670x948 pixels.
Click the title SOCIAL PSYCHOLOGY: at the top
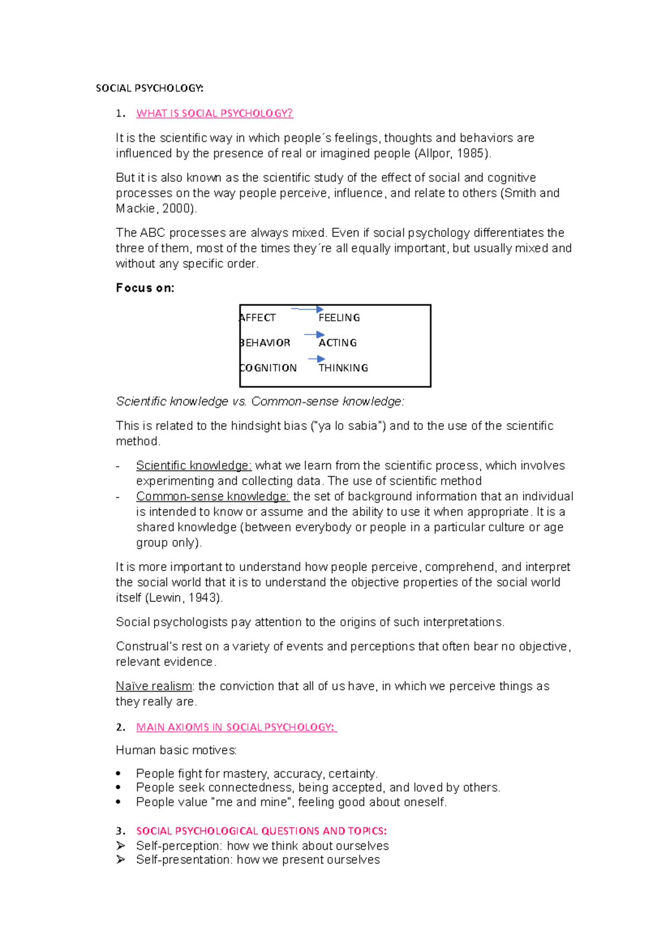click(x=150, y=88)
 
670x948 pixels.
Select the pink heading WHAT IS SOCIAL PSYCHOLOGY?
click(x=214, y=113)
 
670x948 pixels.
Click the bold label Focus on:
click(x=145, y=288)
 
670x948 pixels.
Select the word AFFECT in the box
click(x=257, y=318)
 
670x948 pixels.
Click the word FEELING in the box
click(x=339, y=318)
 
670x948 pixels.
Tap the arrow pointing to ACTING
click(x=314, y=334)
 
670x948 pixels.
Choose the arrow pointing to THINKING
click(x=317, y=359)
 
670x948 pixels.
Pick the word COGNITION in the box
click(x=268, y=368)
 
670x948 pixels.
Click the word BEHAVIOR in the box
click(x=265, y=343)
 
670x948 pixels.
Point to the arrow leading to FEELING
click(x=307, y=309)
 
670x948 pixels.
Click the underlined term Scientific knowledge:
click(x=194, y=466)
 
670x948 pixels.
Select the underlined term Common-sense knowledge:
click(x=213, y=496)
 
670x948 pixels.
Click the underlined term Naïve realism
click(x=154, y=686)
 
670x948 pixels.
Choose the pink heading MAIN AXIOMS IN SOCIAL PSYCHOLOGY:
click(x=236, y=727)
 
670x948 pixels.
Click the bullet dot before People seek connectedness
click(x=118, y=788)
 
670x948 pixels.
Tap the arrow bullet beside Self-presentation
click(x=121, y=860)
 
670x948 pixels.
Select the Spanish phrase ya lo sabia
click(x=347, y=426)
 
